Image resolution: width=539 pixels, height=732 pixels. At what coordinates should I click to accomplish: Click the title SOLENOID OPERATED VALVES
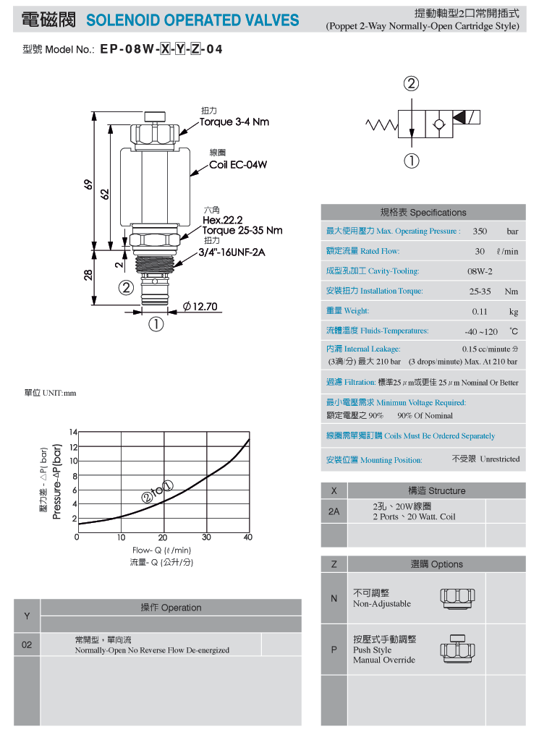pyautogui.click(x=192, y=20)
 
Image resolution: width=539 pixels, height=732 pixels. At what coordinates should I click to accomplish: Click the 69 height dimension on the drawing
pyautogui.click(x=88, y=184)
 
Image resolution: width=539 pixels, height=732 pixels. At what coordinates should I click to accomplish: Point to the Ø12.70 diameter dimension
pyautogui.click(x=200, y=306)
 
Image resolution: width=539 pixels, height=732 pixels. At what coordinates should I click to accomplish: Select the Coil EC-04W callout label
pyautogui.click(x=238, y=165)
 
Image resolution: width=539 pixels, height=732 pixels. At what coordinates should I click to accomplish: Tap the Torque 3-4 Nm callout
pyautogui.click(x=234, y=122)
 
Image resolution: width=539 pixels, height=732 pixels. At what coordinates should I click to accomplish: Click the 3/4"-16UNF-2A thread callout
pyautogui.click(x=232, y=252)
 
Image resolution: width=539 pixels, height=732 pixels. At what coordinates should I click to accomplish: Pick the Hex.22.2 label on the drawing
pyautogui.click(x=222, y=220)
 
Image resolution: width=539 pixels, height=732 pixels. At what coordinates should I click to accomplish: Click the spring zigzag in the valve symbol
pyautogui.click(x=381, y=124)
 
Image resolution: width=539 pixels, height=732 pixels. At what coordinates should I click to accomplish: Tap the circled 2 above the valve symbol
pyautogui.click(x=411, y=84)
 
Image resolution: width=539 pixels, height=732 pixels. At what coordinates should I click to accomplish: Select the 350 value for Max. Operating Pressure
pyautogui.click(x=480, y=231)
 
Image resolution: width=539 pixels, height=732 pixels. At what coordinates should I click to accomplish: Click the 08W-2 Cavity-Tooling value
pyautogui.click(x=480, y=271)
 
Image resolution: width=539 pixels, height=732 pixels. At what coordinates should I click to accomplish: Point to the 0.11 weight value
pyautogui.click(x=480, y=311)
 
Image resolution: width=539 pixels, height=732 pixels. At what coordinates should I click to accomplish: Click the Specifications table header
pyautogui.click(x=423, y=213)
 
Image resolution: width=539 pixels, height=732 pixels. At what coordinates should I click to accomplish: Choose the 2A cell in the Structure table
pyautogui.click(x=334, y=511)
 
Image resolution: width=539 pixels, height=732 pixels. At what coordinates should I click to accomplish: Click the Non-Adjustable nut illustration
pyautogui.click(x=457, y=598)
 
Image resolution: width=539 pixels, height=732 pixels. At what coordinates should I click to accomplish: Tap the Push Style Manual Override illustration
pyautogui.click(x=457, y=649)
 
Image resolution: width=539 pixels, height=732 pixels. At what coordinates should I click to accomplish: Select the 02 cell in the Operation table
pyautogui.click(x=27, y=644)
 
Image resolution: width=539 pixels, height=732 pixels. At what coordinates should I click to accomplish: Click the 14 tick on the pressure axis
pyautogui.click(x=73, y=433)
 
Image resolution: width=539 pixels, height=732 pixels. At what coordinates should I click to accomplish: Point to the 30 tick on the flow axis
pyautogui.click(x=206, y=537)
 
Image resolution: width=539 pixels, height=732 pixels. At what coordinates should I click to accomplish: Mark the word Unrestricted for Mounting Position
pyautogui.click(x=500, y=459)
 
